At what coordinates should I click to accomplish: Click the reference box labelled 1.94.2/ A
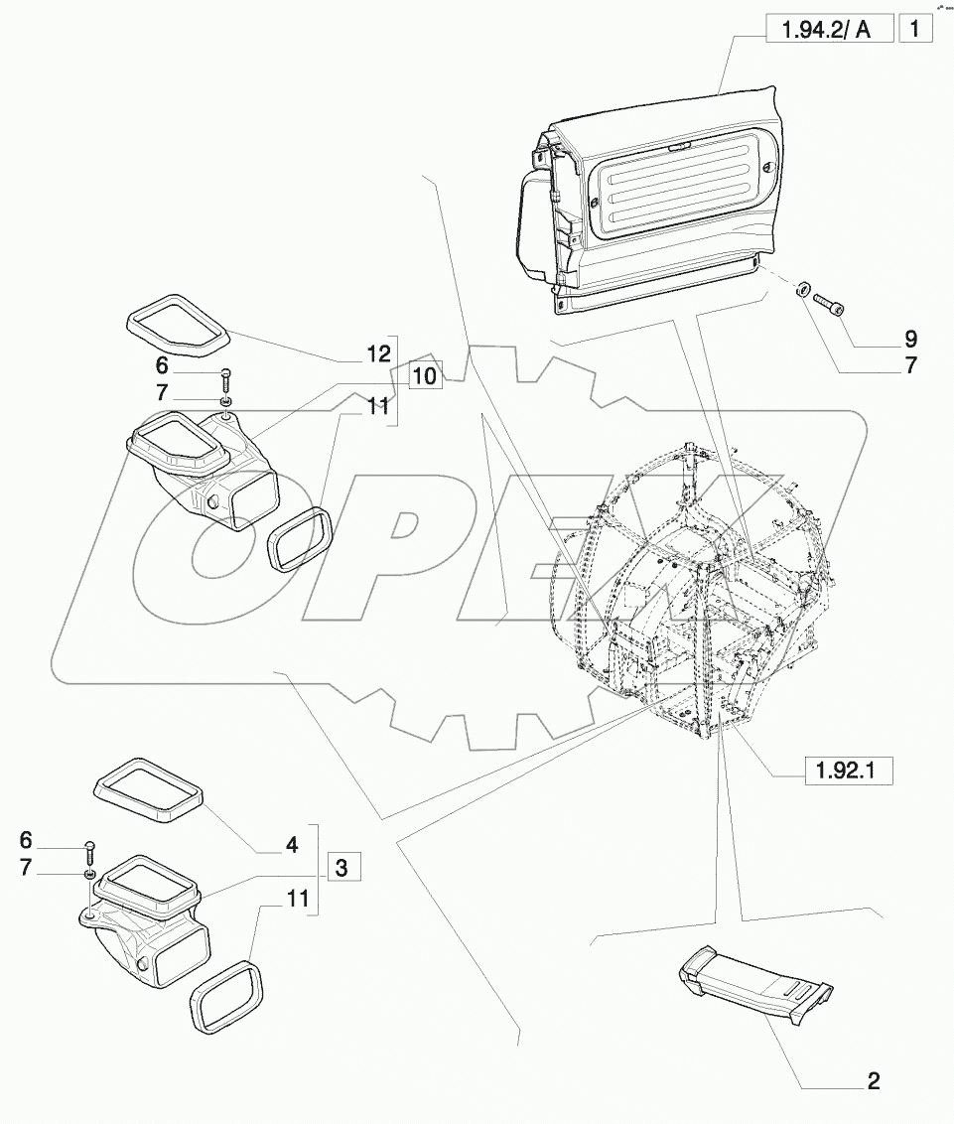pos(826,30)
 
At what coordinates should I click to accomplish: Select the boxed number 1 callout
pos(914,29)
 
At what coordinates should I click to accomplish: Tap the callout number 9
pos(910,338)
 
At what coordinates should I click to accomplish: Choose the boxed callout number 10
pos(424,376)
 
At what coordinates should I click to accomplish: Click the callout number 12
pos(377,354)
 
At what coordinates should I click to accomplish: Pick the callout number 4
pos(291,845)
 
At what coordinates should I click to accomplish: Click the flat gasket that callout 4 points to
pos(149,787)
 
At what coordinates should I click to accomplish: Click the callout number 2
pos(873,1081)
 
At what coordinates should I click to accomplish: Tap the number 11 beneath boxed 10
pos(378,405)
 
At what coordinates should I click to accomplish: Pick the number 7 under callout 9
pos(910,364)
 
